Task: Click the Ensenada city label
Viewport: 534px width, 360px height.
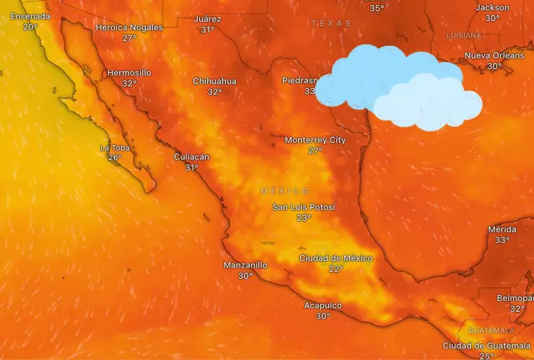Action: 30,16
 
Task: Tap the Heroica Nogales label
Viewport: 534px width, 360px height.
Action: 129,27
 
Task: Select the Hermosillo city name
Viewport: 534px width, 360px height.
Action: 129,73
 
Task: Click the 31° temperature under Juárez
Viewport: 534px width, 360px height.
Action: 208,30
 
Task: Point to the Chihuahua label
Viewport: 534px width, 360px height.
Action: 214,81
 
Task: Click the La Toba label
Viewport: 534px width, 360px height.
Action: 115,148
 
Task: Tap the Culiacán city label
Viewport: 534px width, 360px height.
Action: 191,157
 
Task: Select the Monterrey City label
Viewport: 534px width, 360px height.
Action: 315,140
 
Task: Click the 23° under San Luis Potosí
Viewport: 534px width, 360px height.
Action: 304,218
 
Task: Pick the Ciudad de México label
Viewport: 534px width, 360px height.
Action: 336,258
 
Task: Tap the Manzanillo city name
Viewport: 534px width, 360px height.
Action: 245,265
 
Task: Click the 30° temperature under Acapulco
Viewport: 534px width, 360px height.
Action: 323,316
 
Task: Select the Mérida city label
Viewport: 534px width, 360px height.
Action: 502,229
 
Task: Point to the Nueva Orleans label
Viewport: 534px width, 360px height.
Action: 494,56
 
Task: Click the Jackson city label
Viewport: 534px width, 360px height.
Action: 492,7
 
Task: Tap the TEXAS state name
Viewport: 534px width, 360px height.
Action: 331,23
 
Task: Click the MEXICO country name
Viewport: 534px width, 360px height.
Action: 284,191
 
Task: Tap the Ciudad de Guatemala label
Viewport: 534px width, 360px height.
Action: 486,346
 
